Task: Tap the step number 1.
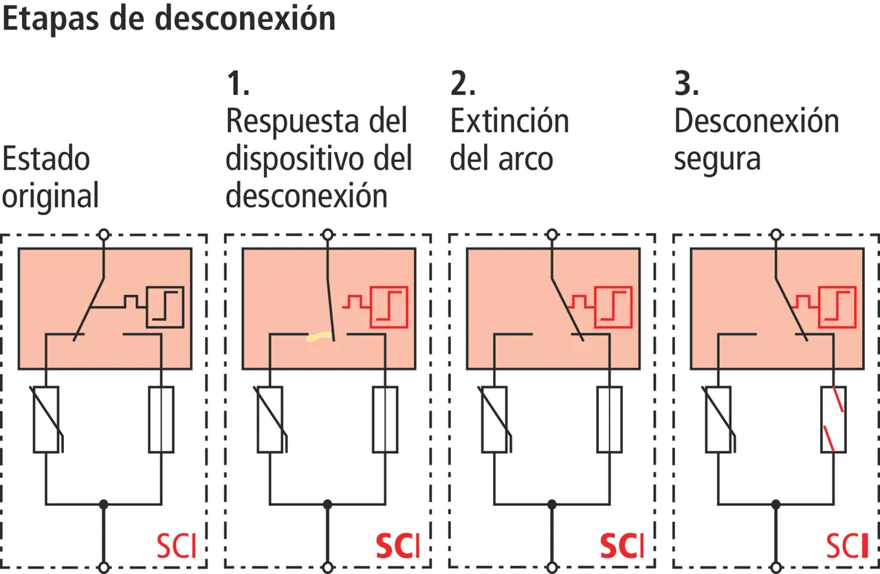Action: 237,84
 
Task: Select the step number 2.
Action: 463,84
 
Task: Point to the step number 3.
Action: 686,84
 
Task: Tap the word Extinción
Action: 509,122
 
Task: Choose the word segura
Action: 717,159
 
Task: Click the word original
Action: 50,197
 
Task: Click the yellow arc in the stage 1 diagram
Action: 319,337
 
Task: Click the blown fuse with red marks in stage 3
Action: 834,419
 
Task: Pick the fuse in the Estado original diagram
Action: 162,419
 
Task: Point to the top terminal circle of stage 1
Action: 328,234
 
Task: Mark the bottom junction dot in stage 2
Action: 552,504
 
